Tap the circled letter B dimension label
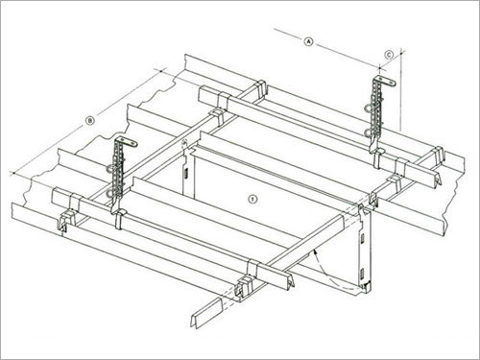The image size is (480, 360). click(x=89, y=120)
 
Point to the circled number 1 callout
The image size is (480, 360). click(x=252, y=200)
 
